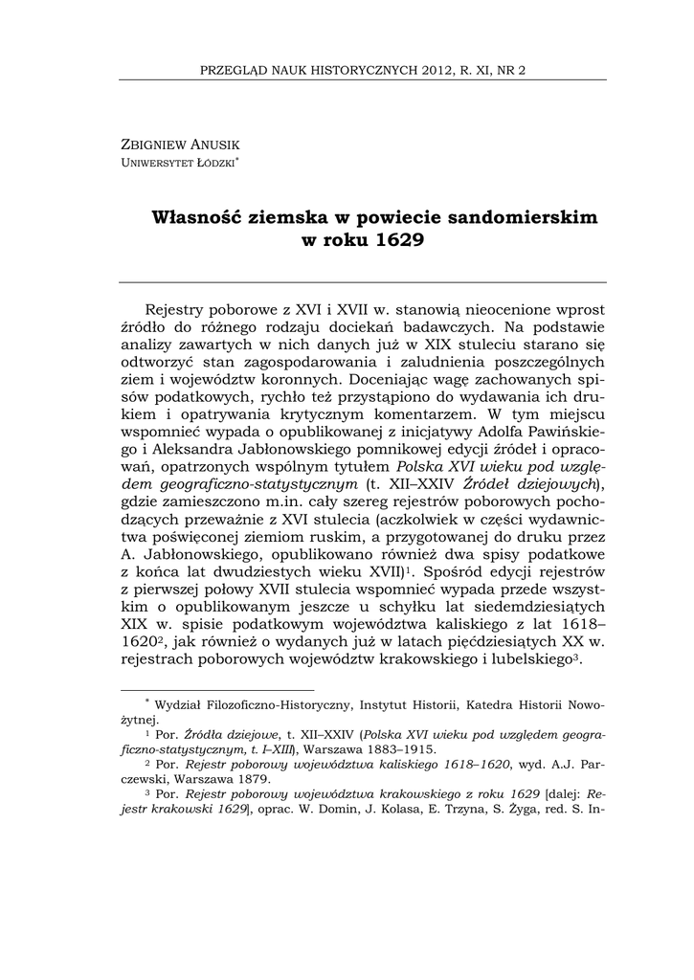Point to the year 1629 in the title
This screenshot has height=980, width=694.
pos(399,240)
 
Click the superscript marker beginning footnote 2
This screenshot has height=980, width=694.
pos(146,763)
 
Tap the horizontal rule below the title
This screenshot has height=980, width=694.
pos(362,281)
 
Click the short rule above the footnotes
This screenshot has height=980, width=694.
pos(216,689)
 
